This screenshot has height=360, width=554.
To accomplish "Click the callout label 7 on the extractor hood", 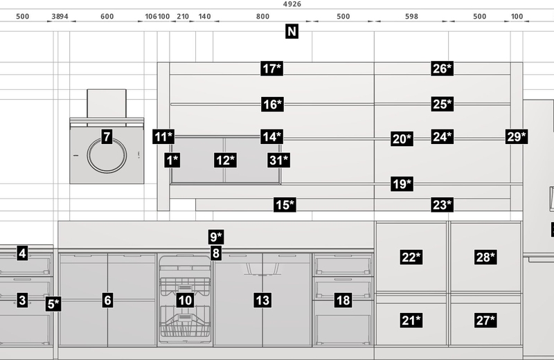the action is (107, 136).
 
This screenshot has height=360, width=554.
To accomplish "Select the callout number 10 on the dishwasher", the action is (185, 300).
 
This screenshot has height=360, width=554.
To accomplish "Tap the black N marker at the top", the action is (292, 31).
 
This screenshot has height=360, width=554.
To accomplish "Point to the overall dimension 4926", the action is (292, 4).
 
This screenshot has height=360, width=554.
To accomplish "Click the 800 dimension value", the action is (262, 17).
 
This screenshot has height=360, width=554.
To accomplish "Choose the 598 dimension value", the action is (411, 17).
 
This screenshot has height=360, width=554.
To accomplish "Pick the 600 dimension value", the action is (107, 17).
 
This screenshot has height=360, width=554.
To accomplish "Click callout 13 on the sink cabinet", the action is (262, 300).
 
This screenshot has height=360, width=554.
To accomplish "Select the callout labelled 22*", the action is (411, 258).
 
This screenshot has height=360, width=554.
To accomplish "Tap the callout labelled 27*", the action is (486, 321).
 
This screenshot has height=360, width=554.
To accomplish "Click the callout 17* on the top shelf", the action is (272, 69).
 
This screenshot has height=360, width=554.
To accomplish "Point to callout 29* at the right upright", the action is (517, 136).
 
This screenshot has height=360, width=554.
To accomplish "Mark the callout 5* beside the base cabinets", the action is (53, 304).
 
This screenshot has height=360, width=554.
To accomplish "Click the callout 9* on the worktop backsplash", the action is (216, 237).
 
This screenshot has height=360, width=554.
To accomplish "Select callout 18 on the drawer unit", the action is (343, 300).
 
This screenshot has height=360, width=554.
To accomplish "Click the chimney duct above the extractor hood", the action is (107, 104).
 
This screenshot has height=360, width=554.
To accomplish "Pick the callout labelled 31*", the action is (279, 161).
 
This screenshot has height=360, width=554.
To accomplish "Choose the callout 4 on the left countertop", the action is (22, 253).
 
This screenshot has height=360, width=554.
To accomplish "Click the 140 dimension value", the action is (204, 17).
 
